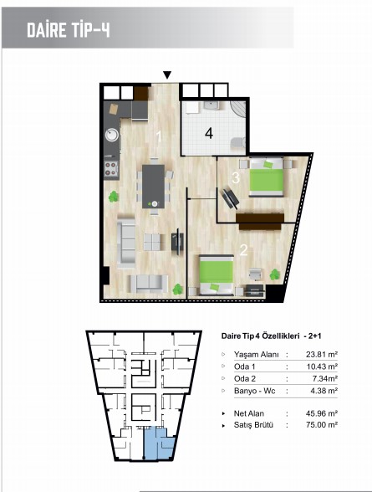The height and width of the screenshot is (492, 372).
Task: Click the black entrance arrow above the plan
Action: [167, 75]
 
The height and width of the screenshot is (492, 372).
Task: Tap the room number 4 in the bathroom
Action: [209, 134]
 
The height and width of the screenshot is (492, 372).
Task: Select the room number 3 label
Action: [236, 178]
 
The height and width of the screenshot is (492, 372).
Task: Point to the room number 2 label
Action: [243, 250]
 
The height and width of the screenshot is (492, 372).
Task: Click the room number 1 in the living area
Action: [159, 136]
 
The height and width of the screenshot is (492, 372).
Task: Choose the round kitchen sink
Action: [111, 136]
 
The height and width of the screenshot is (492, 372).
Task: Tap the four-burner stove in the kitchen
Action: [111, 169]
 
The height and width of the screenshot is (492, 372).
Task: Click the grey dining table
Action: [153, 187]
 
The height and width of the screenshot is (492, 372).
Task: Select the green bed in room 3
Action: [267, 177]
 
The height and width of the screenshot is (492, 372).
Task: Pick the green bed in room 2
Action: [217, 275]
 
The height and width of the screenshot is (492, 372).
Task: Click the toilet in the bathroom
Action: [238, 143]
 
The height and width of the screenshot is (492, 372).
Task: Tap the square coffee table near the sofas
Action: [152, 242]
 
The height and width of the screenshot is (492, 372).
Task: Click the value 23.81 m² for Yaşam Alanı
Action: [321, 355]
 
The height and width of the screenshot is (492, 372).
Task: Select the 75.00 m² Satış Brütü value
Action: [321, 425]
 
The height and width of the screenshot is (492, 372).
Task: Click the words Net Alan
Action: [249, 413]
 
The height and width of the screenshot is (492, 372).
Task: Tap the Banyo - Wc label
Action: [254, 391]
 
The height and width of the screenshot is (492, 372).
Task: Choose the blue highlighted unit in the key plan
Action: [158, 443]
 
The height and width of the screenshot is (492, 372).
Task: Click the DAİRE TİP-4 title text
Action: [69, 30]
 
